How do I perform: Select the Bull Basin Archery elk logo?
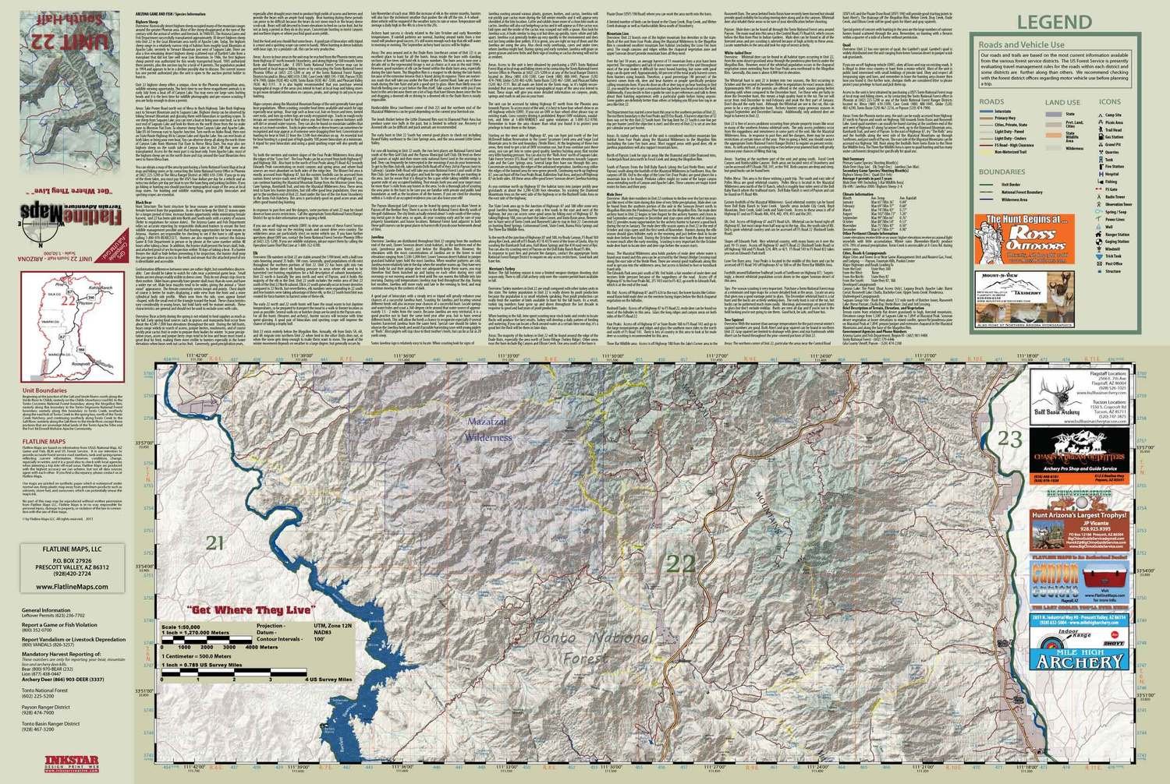coord(1054,385)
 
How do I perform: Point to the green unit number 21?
coord(216,542)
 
